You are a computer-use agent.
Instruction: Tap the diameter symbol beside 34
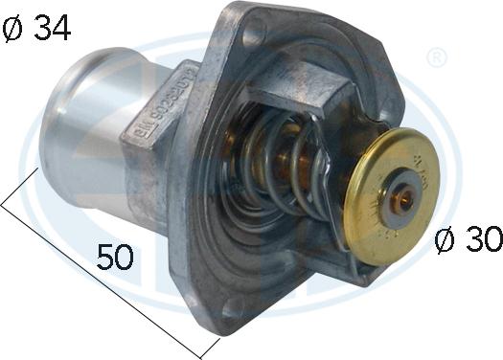point(16,29)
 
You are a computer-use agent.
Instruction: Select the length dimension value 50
point(116,256)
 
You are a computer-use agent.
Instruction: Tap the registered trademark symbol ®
point(436,58)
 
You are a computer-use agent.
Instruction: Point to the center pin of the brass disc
point(405,199)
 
